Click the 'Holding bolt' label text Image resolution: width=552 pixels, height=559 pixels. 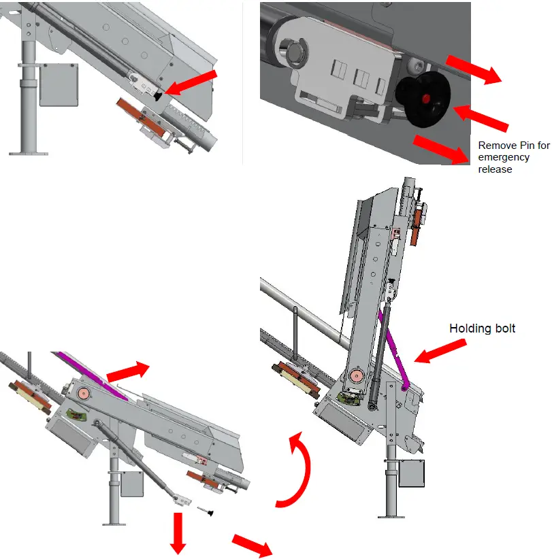[482, 328]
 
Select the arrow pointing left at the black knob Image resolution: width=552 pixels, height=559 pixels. [480, 116]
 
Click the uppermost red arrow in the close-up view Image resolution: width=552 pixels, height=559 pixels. [474, 69]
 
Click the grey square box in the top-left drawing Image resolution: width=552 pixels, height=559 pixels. [59, 84]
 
